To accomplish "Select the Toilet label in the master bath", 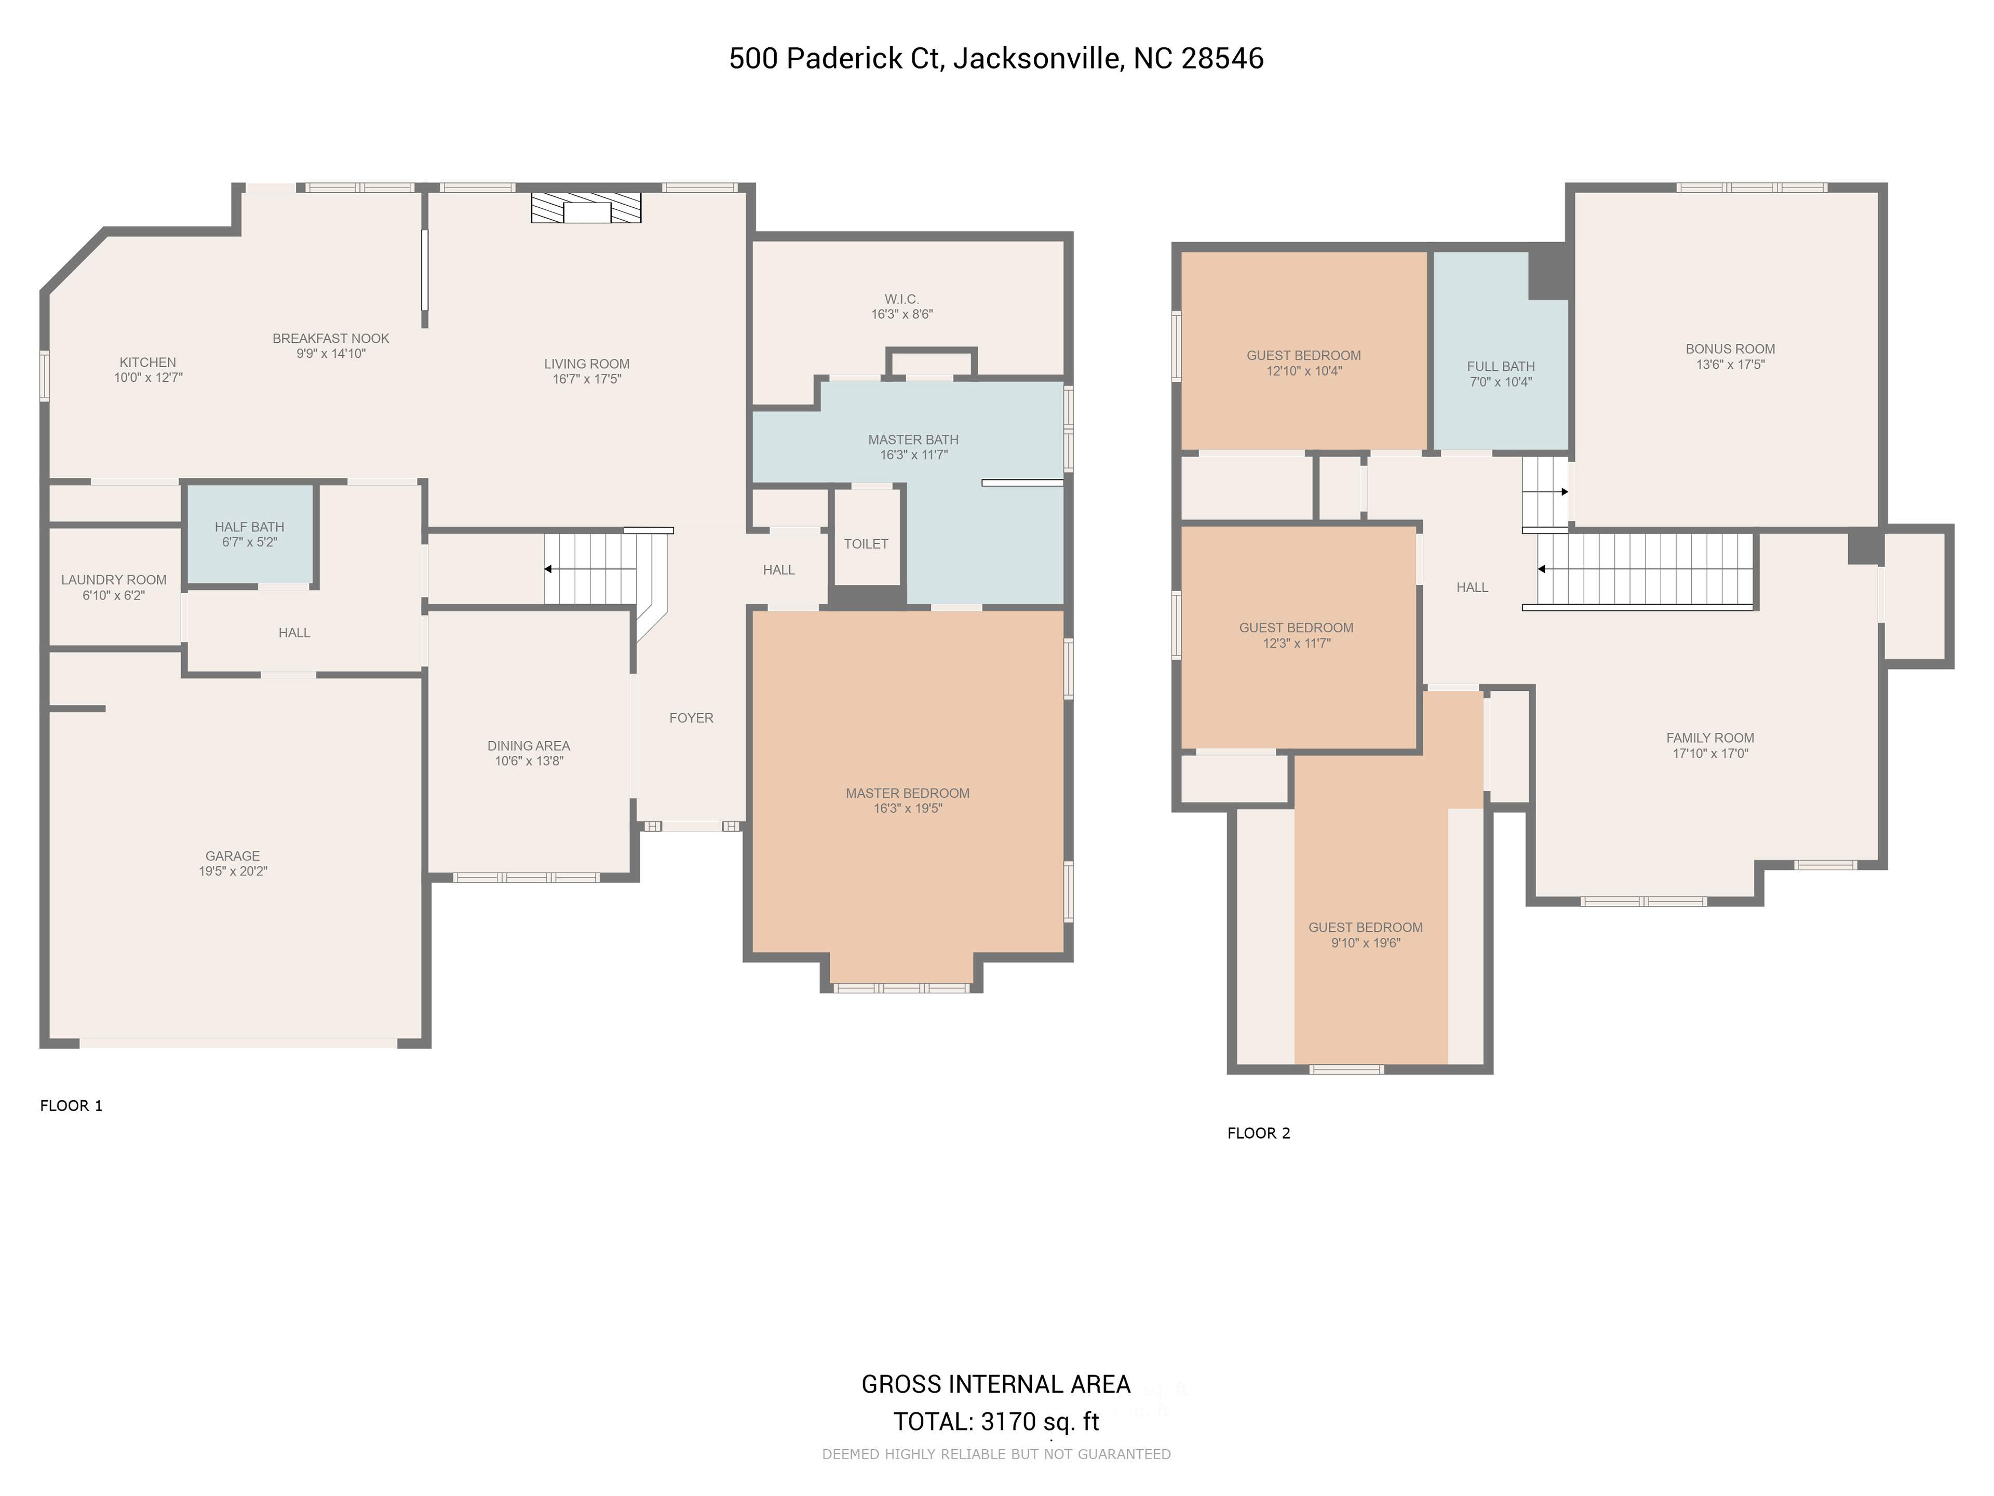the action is (x=866, y=544).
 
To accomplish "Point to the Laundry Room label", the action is (x=114, y=580).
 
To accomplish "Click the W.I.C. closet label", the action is (x=901, y=299).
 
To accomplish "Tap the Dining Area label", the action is (x=529, y=746).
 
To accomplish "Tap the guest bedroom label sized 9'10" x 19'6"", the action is (x=1366, y=928).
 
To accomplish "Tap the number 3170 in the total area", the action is (x=1009, y=1422).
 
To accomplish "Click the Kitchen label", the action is (x=148, y=363).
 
